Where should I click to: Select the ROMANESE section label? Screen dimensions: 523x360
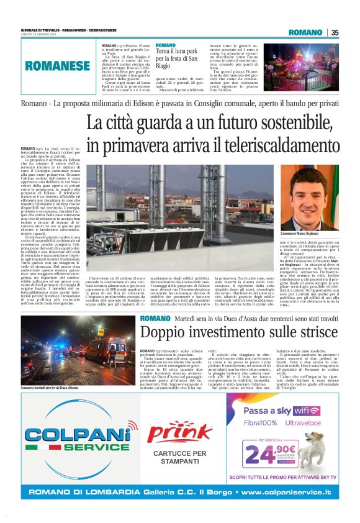click(x=56, y=65)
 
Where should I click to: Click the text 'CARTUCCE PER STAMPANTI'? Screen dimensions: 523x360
click(x=179, y=457)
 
